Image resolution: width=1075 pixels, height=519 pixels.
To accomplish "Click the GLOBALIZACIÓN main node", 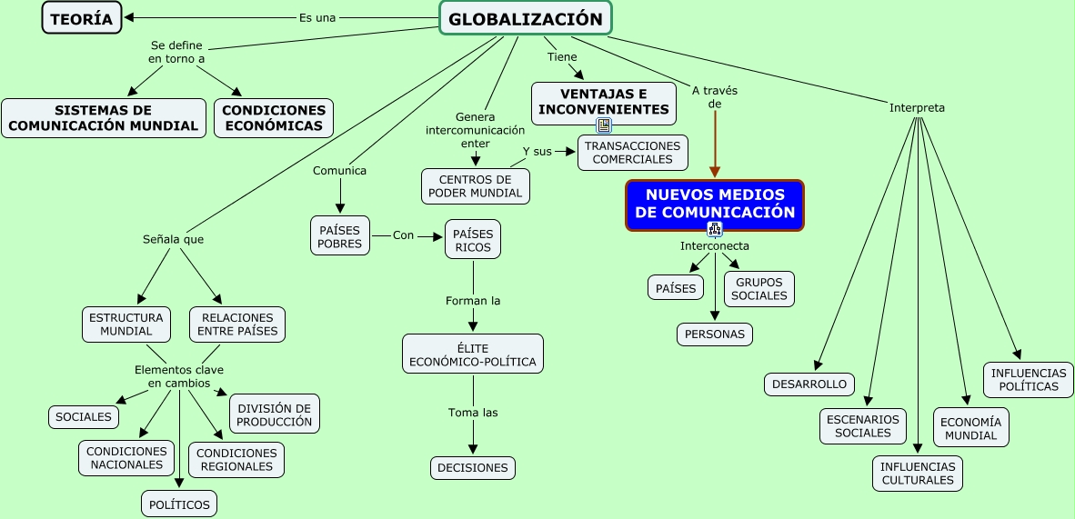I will coord(526,18).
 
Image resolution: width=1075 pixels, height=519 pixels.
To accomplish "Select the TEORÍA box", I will coord(82,18).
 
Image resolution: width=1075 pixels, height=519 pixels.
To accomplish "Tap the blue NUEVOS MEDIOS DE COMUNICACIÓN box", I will coord(715,205).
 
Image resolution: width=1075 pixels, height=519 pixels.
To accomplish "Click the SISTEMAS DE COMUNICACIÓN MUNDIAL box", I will coord(104,118).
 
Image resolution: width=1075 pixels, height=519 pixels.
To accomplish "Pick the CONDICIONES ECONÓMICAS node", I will coord(274,118).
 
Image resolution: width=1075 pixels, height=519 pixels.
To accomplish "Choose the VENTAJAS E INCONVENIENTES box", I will coord(604,103).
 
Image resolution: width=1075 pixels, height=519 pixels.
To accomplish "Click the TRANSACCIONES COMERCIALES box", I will coord(632,153).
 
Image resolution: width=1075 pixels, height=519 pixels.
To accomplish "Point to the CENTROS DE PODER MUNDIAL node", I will coord(476,186).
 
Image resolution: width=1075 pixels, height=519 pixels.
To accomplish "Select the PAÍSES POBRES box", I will coord(339,236).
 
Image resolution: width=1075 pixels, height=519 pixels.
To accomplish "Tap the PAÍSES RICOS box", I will coord(472,239).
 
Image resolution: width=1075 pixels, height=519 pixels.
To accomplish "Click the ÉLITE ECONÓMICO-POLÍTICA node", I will coord(473,354).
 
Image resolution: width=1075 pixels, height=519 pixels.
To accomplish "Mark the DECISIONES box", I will coord(473,468).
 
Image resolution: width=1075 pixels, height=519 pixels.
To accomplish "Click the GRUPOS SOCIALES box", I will coord(759,289).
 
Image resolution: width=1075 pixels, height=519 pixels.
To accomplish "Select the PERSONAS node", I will coord(715,334).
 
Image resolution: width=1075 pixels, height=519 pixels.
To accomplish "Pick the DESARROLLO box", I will coord(809,384).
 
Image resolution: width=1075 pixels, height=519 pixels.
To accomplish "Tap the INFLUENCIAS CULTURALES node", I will coord(918,474).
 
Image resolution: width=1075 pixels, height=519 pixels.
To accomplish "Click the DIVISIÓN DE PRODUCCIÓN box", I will coord(275,414).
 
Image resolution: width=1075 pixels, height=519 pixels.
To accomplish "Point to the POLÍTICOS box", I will coord(179,504).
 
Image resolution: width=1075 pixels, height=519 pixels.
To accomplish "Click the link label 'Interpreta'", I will coord(917,108).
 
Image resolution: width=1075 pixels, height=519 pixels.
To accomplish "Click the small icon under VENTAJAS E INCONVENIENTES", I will coord(604,125).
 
